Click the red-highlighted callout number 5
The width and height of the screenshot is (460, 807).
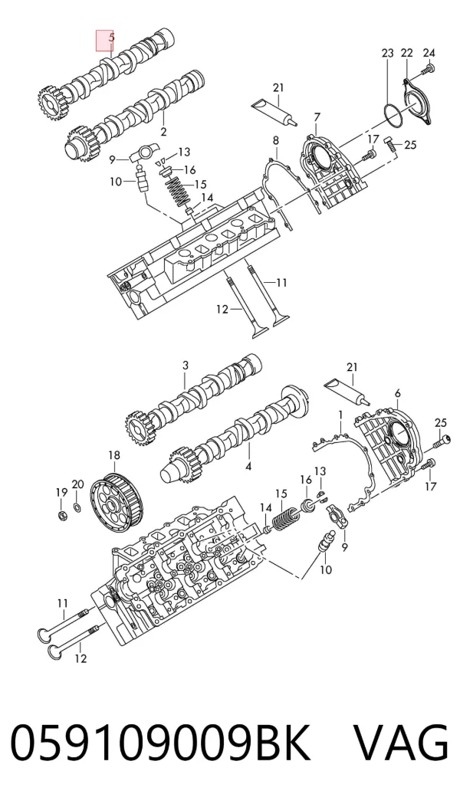111,38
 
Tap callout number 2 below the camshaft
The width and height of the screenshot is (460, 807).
163,132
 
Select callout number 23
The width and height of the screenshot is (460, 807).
388,53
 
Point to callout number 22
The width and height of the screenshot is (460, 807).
407,53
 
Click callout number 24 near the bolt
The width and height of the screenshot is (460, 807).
429,52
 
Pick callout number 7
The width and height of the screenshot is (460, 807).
317,118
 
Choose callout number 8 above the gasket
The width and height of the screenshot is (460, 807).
276,140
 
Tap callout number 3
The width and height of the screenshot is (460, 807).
186,366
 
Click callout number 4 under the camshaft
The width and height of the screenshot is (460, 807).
248,467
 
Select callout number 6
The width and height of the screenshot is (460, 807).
398,394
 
